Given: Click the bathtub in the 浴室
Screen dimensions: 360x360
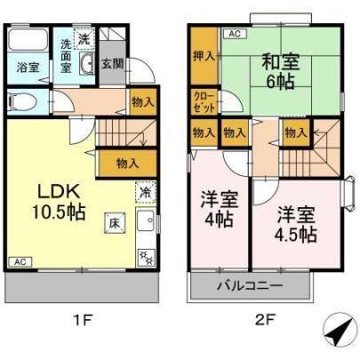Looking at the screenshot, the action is [28, 40].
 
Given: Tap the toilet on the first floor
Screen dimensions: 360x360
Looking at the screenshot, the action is [22, 102].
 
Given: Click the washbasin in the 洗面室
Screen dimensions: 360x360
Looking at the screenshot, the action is [88, 63].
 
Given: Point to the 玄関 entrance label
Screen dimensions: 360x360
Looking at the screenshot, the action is [112, 64].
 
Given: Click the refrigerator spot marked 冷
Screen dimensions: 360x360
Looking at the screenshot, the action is [146, 193].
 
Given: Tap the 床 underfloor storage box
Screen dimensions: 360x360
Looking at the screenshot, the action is [115, 223].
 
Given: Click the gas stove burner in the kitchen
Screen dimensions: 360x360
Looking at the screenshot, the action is [147, 257].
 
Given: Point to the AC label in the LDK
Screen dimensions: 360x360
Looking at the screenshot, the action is [20, 262].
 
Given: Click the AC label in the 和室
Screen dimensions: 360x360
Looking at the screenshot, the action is [235, 34].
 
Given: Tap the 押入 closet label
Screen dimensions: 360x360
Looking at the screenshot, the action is [204, 56].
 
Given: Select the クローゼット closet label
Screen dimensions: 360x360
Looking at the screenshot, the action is [204, 102].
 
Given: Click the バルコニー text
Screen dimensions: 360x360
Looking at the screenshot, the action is [251, 286].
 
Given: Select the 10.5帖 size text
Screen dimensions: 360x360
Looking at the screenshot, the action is [59, 212].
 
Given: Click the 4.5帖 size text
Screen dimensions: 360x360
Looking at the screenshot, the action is [296, 235].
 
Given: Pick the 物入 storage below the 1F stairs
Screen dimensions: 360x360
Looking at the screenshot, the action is [128, 164].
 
